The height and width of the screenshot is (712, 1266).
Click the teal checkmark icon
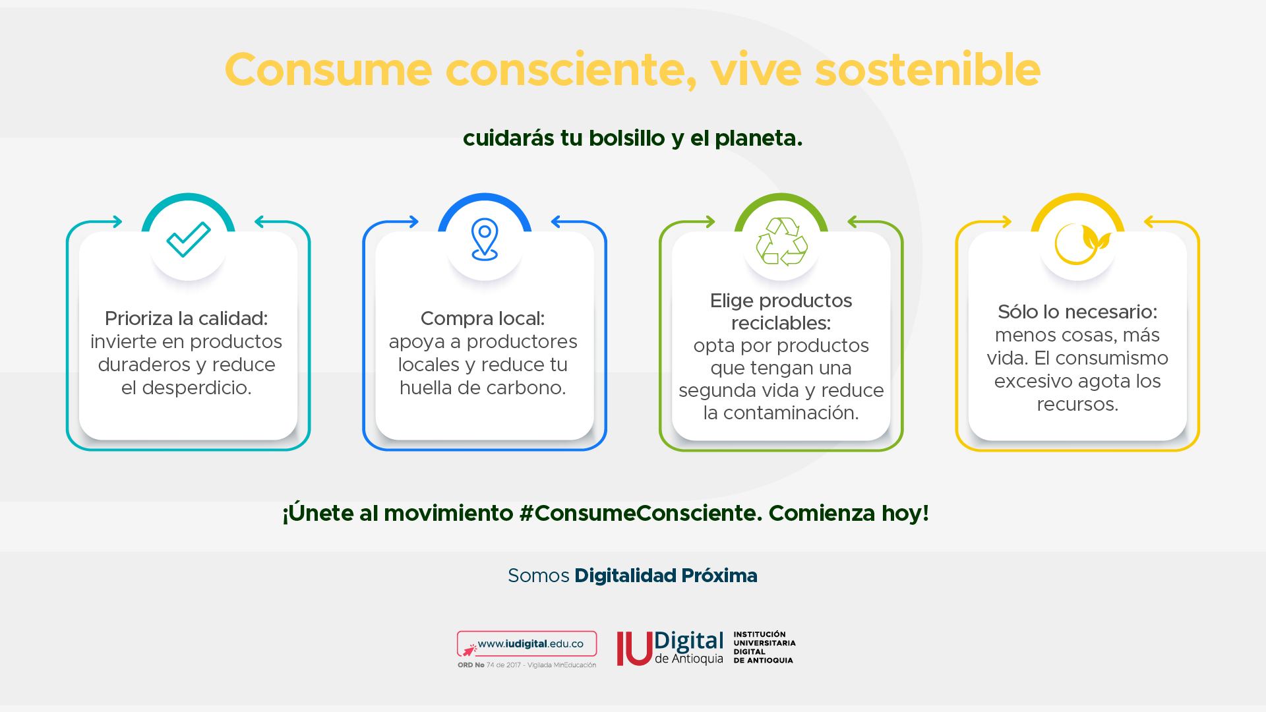[x=189, y=239]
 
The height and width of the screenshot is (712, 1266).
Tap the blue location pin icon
[x=485, y=239]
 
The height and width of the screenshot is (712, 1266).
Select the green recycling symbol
[x=781, y=241]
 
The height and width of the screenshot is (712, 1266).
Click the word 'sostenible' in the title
[x=928, y=70]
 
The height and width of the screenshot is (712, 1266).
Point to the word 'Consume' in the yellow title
[x=328, y=70]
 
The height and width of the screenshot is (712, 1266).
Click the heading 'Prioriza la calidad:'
[x=187, y=318]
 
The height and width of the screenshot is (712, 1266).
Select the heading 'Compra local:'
[x=483, y=318]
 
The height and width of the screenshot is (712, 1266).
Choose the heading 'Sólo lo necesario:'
[x=1077, y=312]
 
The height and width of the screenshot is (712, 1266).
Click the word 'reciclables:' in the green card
[x=781, y=323]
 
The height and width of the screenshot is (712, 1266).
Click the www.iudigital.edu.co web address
[x=531, y=643]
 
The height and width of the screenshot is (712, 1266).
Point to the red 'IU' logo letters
[x=634, y=649]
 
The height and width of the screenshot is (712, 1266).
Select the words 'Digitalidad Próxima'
[x=666, y=576]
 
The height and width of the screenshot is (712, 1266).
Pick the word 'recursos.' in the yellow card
[x=1077, y=404]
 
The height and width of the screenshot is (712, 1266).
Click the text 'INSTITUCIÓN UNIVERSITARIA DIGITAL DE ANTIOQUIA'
[x=765, y=647]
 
